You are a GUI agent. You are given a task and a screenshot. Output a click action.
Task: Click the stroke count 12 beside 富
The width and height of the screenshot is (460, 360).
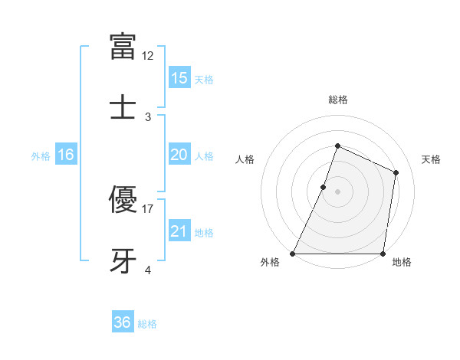pyautogui.click(x=148, y=56)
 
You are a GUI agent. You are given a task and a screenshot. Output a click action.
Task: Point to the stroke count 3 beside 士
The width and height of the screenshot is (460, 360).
pyautogui.click(x=148, y=116)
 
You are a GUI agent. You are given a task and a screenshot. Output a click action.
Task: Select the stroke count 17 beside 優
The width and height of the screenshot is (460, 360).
pyautogui.click(x=148, y=208)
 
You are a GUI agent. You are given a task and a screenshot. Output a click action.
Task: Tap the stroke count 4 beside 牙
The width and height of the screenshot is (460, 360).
pyautogui.click(x=148, y=270)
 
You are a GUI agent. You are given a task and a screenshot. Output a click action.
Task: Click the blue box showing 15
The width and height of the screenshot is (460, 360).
pyautogui.click(x=179, y=78)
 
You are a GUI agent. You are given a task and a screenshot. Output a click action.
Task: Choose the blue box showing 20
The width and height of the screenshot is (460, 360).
pyautogui.click(x=179, y=155)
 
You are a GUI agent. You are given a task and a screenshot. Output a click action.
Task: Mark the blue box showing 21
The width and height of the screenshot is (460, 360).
pyautogui.click(x=179, y=231)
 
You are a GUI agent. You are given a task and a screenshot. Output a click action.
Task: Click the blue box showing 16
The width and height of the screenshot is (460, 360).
pyautogui.click(x=65, y=155)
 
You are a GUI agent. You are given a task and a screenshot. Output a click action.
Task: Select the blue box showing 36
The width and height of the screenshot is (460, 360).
pyautogui.click(x=122, y=322)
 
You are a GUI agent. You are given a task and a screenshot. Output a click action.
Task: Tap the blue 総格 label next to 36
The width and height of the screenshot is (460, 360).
pyautogui.click(x=147, y=324)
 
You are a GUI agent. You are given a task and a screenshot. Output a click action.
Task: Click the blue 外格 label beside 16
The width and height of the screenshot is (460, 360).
pyautogui.click(x=41, y=156)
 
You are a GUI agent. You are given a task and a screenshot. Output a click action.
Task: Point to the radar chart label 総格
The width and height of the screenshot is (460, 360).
pyautogui.click(x=337, y=100)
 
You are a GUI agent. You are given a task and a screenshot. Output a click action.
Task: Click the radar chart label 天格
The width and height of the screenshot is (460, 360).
pyautogui.click(x=431, y=159)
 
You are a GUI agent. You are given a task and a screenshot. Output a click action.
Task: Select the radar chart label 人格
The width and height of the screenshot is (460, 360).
pyautogui.click(x=245, y=159)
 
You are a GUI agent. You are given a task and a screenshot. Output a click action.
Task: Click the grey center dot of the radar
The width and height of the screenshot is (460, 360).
pyautogui.click(x=337, y=191)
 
